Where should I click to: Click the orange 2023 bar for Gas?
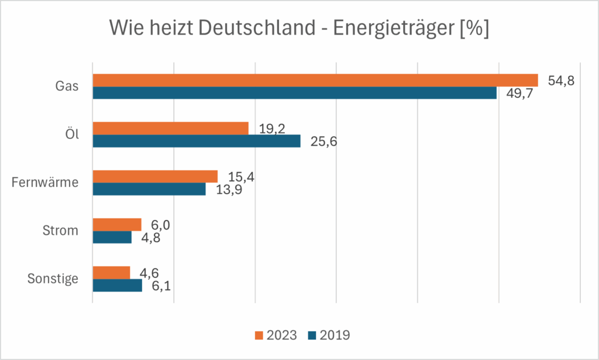[315, 80]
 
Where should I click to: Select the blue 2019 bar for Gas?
[295, 93]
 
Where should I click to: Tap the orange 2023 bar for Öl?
[171, 128]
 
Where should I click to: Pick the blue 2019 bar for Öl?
[197, 141]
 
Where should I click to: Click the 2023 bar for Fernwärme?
[155, 176]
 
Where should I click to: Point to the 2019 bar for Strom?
[112, 237]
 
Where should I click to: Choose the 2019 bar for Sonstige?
[118, 285]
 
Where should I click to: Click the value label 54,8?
[561, 81]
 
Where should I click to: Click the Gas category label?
[67, 87]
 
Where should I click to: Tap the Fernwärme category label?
[45, 183]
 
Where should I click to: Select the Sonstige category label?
[53, 279]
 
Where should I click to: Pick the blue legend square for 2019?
[311, 335]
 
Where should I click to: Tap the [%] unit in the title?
[474, 28]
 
